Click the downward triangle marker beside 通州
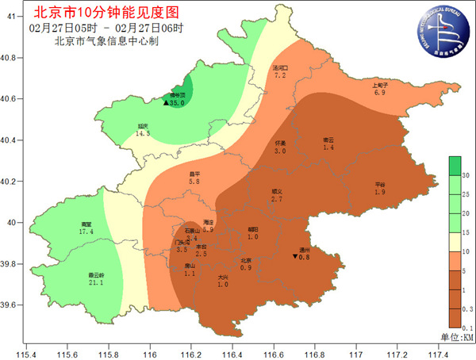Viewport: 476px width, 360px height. [x=295, y=257]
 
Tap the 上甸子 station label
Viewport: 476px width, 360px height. [x=379, y=86]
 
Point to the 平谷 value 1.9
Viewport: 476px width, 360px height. [x=380, y=193]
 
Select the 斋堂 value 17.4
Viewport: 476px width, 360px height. [x=87, y=232]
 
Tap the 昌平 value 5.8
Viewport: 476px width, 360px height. [x=194, y=182]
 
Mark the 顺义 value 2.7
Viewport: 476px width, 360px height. [x=277, y=199]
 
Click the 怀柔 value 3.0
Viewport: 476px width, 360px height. [x=280, y=150]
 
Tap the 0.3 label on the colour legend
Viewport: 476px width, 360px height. [x=468, y=308]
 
